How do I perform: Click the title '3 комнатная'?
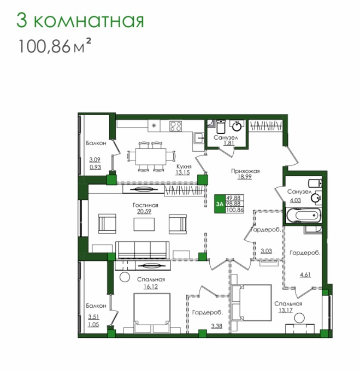coord(80,21)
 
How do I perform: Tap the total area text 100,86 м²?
coord(55,45)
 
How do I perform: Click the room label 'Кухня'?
coord(184,166)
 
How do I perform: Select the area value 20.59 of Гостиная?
coord(144,211)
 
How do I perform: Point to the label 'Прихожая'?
coord(245,171)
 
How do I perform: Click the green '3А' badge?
coord(220,204)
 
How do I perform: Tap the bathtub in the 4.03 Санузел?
coord(304,215)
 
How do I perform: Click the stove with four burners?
coord(176,126)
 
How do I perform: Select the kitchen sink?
coord(198,138)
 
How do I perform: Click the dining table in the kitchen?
coord(151,157)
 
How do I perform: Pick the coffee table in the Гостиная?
coord(144,224)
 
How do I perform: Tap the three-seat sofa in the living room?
coord(143,250)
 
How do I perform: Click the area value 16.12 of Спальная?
coord(151,286)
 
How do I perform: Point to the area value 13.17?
coord(285,310)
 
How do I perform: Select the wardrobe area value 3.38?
coord(217,326)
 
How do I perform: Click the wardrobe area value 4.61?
coord(305,274)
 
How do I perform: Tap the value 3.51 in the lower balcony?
coord(93,317)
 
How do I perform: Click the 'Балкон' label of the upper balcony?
coord(96,143)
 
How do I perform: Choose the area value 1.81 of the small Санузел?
coord(229,143)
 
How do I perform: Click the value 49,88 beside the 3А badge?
coord(234,198)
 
